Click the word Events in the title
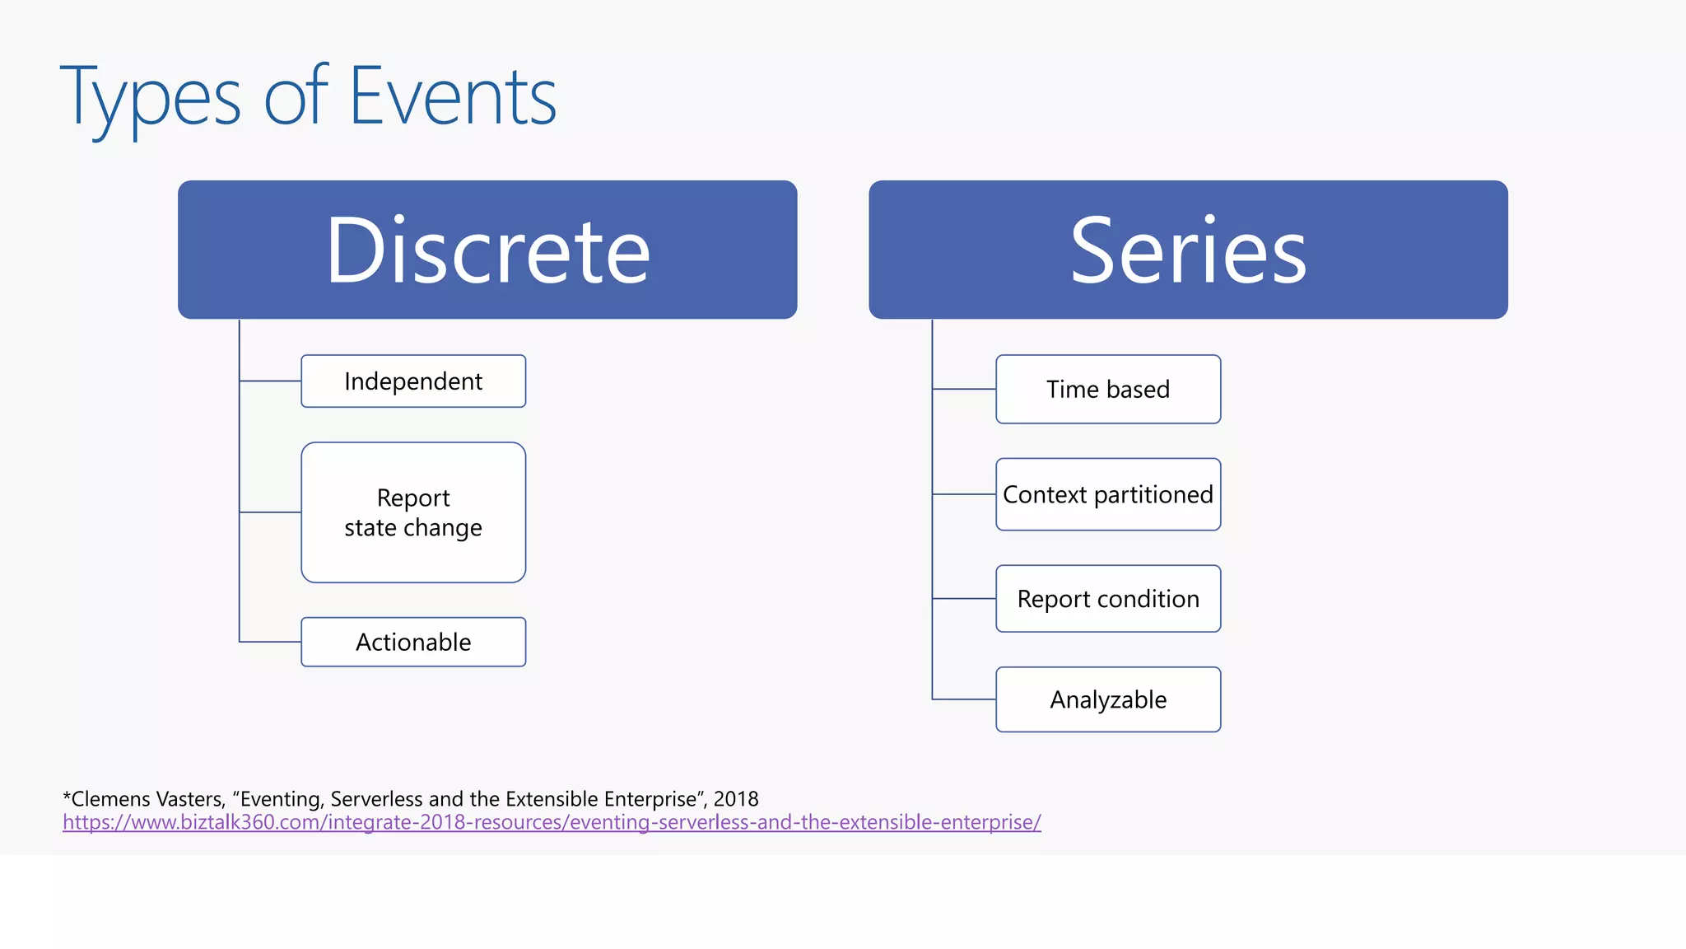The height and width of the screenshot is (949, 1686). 453,97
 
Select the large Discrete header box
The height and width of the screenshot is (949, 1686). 487,250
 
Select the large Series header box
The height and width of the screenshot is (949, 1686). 1188,250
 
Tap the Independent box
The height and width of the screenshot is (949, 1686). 413,381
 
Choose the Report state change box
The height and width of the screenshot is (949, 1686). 413,512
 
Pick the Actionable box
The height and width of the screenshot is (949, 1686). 413,642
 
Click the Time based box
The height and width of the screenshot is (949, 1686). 1108,389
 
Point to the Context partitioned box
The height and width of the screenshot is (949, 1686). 1108,494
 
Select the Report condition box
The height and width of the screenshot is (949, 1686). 1108,599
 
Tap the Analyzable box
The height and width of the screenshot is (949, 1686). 1108,699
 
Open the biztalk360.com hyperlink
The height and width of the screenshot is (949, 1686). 552,822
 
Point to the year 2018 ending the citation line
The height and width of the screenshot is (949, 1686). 736,799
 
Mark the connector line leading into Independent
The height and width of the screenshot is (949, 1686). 270,381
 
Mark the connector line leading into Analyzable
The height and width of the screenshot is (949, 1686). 964,699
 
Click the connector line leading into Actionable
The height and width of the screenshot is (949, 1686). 270,642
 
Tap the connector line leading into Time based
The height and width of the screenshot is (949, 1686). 964,389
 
